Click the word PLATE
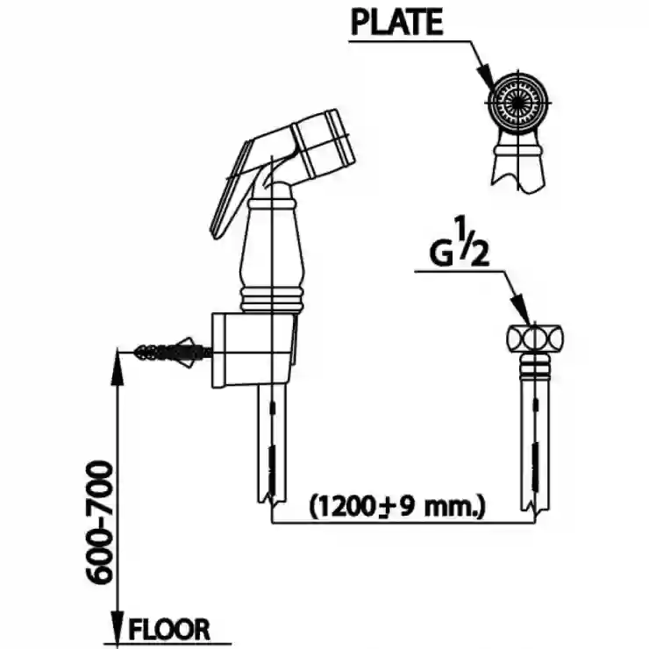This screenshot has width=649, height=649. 397,22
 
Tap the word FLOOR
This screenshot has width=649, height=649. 169,630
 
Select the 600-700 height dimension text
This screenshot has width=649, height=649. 99,523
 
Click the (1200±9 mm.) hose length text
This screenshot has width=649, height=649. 397,506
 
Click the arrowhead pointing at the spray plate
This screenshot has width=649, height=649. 486,77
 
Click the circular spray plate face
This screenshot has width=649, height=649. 517,102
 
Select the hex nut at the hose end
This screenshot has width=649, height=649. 535,339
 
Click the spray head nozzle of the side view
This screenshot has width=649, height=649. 324,143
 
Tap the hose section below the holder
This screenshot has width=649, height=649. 272,445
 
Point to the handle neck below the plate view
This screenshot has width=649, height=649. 518,161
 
